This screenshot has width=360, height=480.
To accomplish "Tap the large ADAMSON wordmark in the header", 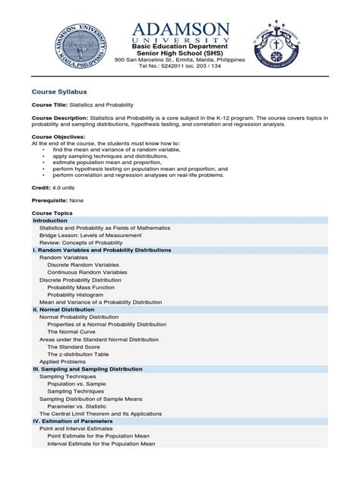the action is pos(181,30).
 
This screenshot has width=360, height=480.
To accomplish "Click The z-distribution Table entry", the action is pos(77,354).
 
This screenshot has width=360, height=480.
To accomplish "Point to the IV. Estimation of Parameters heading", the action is pos(73,421).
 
